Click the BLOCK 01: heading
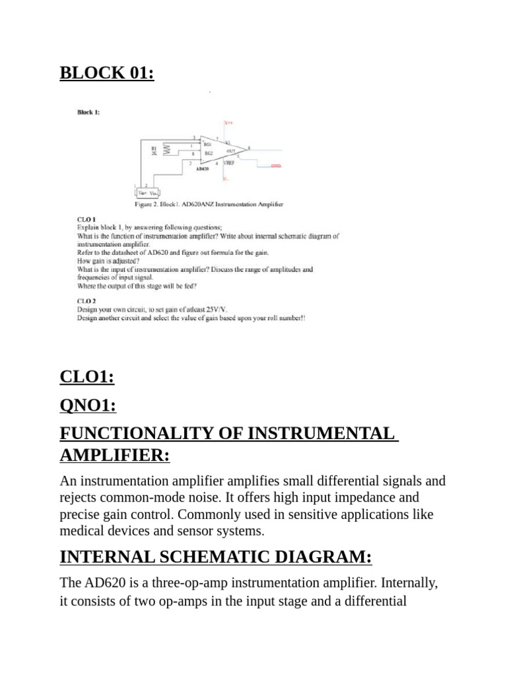pos(107,72)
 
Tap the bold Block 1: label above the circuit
pos(88,112)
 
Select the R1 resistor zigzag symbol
pos(167,150)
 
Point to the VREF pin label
pos(229,162)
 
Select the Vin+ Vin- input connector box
pos(146,193)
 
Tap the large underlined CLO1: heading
pos(87,377)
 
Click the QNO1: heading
pos(88,406)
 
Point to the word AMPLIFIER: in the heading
pos(115,456)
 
